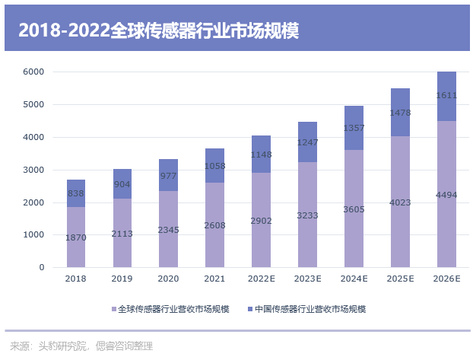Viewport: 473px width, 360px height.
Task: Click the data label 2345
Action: (x=167, y=229)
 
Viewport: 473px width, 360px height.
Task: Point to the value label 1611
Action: (x=446, y=96)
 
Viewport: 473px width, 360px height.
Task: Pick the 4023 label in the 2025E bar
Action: (x=400, y=202)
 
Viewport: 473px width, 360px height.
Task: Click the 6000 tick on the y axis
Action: (x=33, y=72)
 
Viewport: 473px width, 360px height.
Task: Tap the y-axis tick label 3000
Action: (x=33, y=170)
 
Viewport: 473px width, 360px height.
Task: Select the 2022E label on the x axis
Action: (x=262, y=279)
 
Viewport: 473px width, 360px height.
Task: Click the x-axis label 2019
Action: (x=122, y=279)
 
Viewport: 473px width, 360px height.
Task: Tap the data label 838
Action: (x=76, y=193)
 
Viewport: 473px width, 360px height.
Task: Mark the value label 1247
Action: (x=308, y=142)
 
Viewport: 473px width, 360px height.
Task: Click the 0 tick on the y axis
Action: (x=42, y=268)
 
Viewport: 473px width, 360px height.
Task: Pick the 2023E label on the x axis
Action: (x=308, y=279)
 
